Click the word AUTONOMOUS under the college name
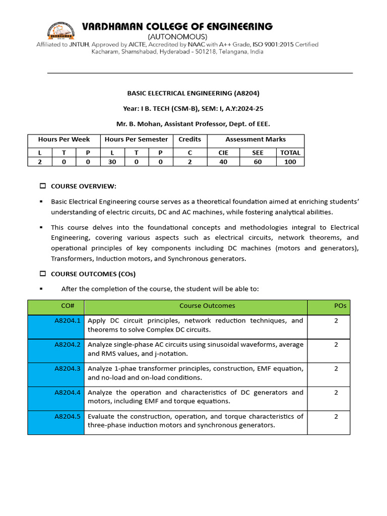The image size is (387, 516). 176,37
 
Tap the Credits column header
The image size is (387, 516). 189,139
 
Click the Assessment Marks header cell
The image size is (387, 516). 255,139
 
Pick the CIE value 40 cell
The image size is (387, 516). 223,162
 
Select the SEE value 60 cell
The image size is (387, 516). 257,162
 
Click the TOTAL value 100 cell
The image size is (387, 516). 290,162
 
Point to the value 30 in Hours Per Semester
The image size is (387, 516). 111,162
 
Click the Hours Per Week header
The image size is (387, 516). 64,139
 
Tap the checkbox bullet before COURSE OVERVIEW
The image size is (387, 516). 43,186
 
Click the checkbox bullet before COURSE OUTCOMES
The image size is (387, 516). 43,274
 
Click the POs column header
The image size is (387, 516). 340,306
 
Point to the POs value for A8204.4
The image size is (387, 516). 336,393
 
